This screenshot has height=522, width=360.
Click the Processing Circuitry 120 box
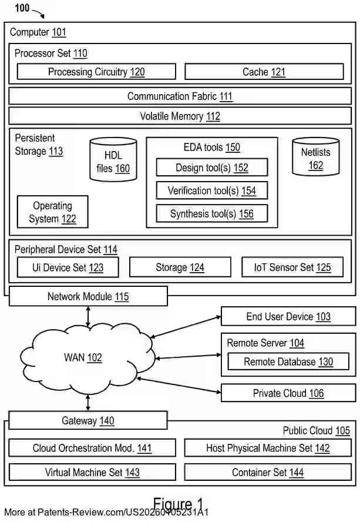[96, 72]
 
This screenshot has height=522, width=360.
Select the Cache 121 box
[264, 72]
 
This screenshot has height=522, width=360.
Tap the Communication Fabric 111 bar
[180, 96]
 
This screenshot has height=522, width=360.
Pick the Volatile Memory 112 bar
[180, 116]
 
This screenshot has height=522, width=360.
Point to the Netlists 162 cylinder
[315, 157]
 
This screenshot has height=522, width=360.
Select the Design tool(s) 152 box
[211, 168]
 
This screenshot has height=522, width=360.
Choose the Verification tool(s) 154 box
[211, 190]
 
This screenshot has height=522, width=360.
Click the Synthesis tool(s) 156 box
[211, 213]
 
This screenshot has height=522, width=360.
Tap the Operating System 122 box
[52, 212]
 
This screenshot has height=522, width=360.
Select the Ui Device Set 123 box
[68, 267]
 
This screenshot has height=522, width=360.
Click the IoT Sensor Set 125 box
[292, 267]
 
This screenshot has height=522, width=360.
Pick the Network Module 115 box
[88, 296]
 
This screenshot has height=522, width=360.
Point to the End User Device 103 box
[288, 317]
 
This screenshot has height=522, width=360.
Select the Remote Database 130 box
[288, 362]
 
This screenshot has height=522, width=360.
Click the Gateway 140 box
[88, 421]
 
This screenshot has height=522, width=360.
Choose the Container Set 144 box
[267, 472]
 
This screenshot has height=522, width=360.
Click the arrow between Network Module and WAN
[88, 317]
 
